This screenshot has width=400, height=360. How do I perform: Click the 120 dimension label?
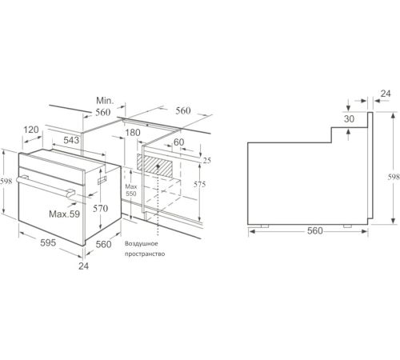(x=31, y=130)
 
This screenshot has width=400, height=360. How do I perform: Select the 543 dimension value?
(x=71, y=140)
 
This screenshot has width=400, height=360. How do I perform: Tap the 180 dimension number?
(x=133, y=133)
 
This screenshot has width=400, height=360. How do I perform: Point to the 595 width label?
(x=48, y=242)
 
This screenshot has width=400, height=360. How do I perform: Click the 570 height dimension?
(x=100, y=208)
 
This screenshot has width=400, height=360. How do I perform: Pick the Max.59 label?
(x=64, y=214)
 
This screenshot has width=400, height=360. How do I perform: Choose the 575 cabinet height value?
(x=199, y=184)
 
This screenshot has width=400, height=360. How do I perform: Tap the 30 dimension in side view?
(x=349, y=119)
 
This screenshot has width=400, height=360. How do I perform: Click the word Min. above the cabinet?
(x=105, y=101)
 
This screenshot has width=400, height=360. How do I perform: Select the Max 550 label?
(x=131, y=190)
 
